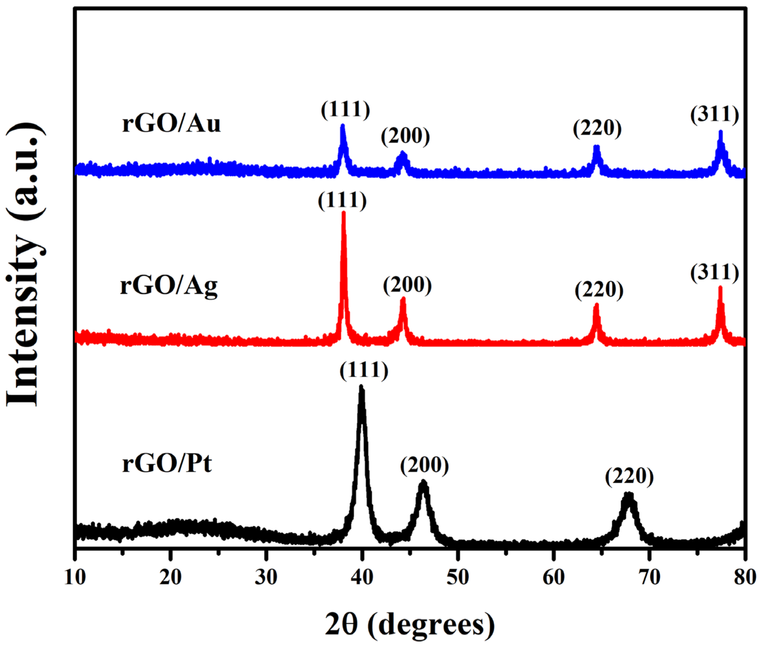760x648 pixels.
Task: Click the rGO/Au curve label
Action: pyautogui.click(x=171, y=124)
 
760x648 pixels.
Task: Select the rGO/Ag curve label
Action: pyautogui.click(x=169, y=286)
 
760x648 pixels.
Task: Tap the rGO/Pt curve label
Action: pyautogui.click(x=167, y=463)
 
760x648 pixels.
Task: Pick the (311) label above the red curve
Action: pyautogui.click(x=715, y=273)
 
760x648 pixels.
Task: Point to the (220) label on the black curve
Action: pyautogui.click(x=629, y=477)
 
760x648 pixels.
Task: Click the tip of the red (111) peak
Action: pyautogui.click(x=344, y=213)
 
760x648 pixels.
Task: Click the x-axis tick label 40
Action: pyautogui.click(x=362, y=577)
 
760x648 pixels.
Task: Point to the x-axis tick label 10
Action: pyautogui.click(x=75, y=577)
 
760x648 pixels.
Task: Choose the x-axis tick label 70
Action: pyautogui.click(x=649, y=577)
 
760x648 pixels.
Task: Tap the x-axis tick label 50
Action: pyautogui.click(x=457, y=577)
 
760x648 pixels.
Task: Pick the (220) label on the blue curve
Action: pyautogui.click(x=597, y=128)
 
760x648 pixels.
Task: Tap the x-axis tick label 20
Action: pyautogui.click(x=170, y=577)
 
